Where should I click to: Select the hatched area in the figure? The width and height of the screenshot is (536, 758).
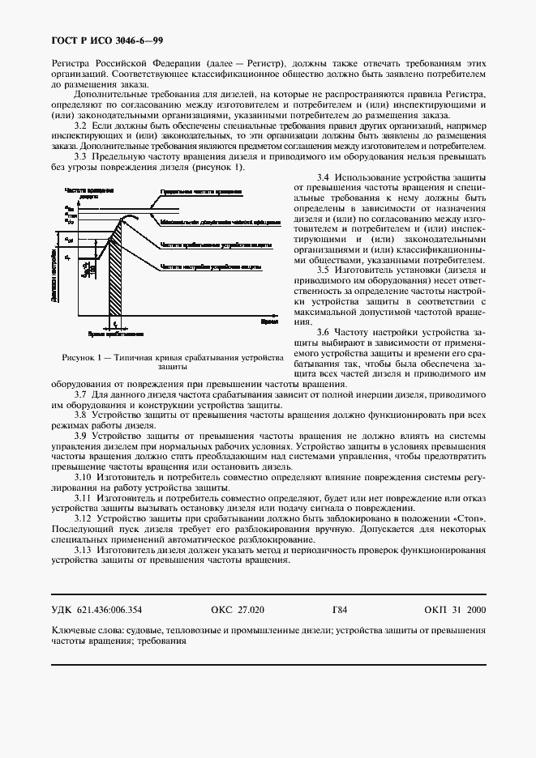tap(116, 275)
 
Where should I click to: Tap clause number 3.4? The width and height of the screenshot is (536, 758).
tap(322, 176)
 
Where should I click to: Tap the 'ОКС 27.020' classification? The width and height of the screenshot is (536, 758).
tap(237, 610)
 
